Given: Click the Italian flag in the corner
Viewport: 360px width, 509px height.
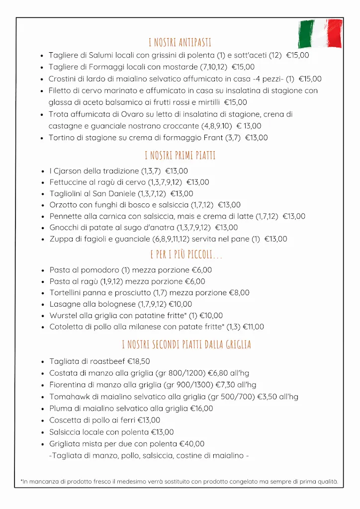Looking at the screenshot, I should click(x=320, y=33).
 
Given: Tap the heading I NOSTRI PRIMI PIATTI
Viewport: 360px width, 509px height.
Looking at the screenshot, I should click(x=180, y=156).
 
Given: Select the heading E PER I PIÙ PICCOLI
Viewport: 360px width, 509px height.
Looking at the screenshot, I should click(x=186, y=255).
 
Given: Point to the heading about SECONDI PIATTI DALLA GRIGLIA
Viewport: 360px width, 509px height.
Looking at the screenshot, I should click(x=186, y=344).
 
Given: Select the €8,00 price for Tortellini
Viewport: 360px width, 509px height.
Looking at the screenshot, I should click(x=239, y=293).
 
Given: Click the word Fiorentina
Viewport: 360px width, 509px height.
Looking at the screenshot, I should click(x=68, y=385).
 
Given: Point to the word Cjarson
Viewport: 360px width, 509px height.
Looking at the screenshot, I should click(x=68, y=171).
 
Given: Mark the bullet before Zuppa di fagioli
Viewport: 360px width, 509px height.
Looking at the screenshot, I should click(x=43, y=239).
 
